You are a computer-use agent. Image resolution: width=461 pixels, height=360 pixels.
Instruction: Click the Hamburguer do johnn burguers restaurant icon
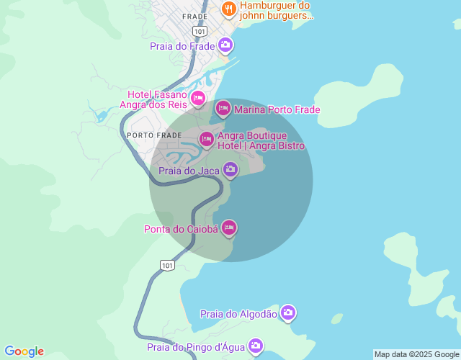pyautogui.click(x=229, y=9)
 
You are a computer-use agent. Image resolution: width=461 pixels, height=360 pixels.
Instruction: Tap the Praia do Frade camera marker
pyautogui.click(x=225, y=46)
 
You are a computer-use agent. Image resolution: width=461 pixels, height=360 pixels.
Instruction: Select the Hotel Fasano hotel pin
pyautogui.click(x=198, y=98)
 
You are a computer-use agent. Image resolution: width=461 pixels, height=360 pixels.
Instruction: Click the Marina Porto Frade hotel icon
pyautogui.click(x=223, y=109)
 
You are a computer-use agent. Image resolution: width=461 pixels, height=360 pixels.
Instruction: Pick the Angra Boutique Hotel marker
pyautogui.click(x=207, y=138)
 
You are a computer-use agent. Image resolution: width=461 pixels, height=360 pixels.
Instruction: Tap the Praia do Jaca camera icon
pyautogui.click(x=230, y=170)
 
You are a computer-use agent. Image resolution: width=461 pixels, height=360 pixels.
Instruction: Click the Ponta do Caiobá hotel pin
pyautogui.click(x=229, y=228)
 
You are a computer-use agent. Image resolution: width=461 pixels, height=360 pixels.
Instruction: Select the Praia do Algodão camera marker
pyautogui.click(x=288, y=312)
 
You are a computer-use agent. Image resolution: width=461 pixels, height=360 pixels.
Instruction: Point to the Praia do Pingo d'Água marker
pyautogui.click(x=256, y=346)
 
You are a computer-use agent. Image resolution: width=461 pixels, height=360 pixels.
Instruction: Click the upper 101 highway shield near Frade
pyautogui.click(x=200, y=32)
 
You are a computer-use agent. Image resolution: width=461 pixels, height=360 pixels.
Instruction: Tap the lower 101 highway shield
pyautogui.click(x=168, y=266)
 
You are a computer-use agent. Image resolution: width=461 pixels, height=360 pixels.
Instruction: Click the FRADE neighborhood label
pyautogui.click(x=194, y=16)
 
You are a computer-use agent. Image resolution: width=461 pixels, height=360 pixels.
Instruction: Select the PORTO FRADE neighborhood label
pyautogui.click(x=154, y=135)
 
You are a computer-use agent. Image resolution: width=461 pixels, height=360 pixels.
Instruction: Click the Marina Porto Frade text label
pyautogui.click(x=277, y=109)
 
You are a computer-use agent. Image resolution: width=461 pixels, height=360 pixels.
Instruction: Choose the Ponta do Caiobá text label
pyautogui.click(x=180, y=229)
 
